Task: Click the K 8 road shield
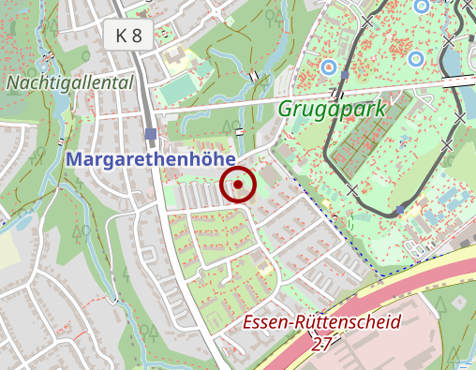point(128,37)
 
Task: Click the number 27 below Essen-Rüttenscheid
point(322,344)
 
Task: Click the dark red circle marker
point(238,185)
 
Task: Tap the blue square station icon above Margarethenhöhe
point(151,134)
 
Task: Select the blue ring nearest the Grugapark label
point(328,67)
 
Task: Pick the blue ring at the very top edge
point(421,6)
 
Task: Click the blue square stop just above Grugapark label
point(345,74)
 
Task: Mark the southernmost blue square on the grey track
point(400,210)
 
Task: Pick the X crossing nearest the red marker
point(352,190)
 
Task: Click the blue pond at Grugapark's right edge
point(449,62)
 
